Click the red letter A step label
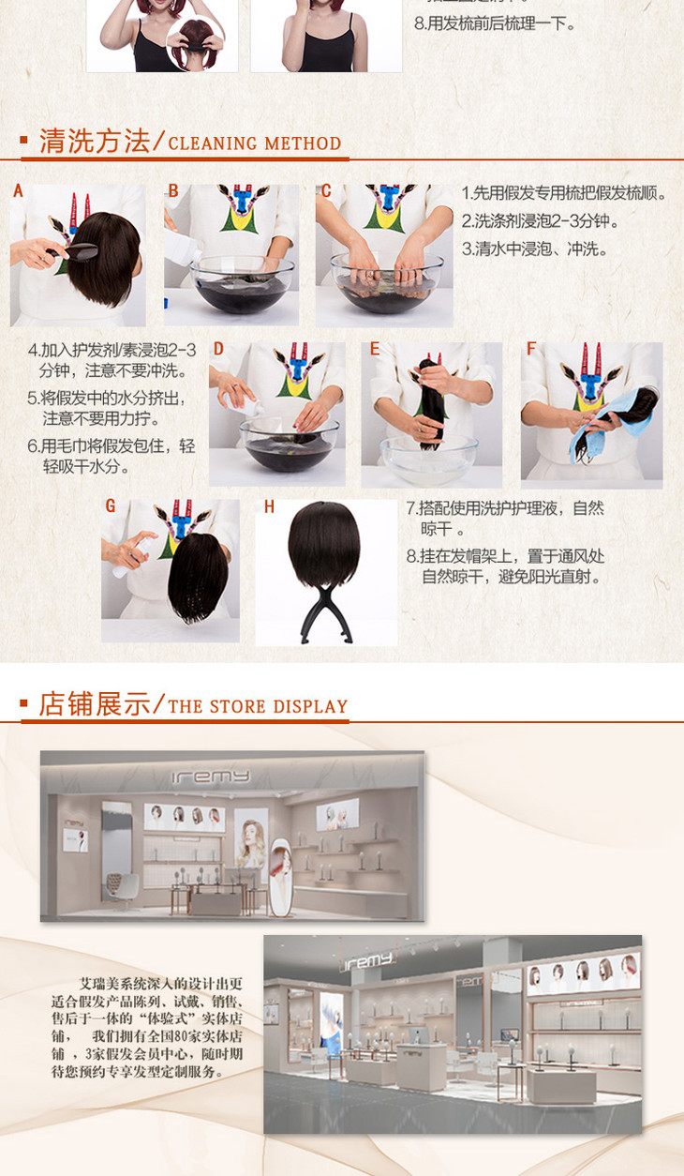(x=19, y=190)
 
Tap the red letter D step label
(x=218, y=349)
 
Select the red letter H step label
(x=269, y=506)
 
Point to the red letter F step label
(x=531, y=349)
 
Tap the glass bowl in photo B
(x=242, y=284)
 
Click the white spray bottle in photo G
(x=135, y=555)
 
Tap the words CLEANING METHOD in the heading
(x=255, y=143)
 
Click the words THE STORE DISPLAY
(x=258, y=707)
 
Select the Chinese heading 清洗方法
(x=95, y=142)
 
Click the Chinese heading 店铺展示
(x=95, y=704)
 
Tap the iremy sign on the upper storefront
(x=211, y=776)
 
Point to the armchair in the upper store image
(x=122, y=885)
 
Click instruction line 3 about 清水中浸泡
(x=534, y=249)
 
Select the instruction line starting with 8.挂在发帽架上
(x=506, y=567)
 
